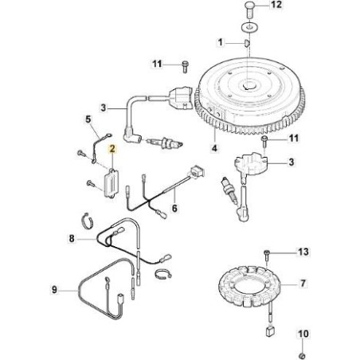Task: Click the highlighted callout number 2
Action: (112, 149)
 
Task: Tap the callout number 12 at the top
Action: (276, 5)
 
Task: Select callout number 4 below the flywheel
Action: (214, 147)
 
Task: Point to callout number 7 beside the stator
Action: (303, 284)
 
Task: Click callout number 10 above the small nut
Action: (303, 334)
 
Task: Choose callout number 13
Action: (303, 252)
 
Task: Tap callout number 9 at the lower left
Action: (54, 289)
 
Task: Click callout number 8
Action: (72, 238)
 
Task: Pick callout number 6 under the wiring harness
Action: (174, 208)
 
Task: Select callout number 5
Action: (88, 119)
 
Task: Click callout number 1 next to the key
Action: (220, 42)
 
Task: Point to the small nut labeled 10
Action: (302, 356)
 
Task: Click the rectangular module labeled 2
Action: (111, 183)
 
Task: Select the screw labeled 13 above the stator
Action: (267, 256)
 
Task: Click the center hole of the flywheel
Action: (248, 86)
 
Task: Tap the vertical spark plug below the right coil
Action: (230, 190)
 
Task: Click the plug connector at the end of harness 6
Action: (197, 171)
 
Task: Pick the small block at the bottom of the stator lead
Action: (270, 331)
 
